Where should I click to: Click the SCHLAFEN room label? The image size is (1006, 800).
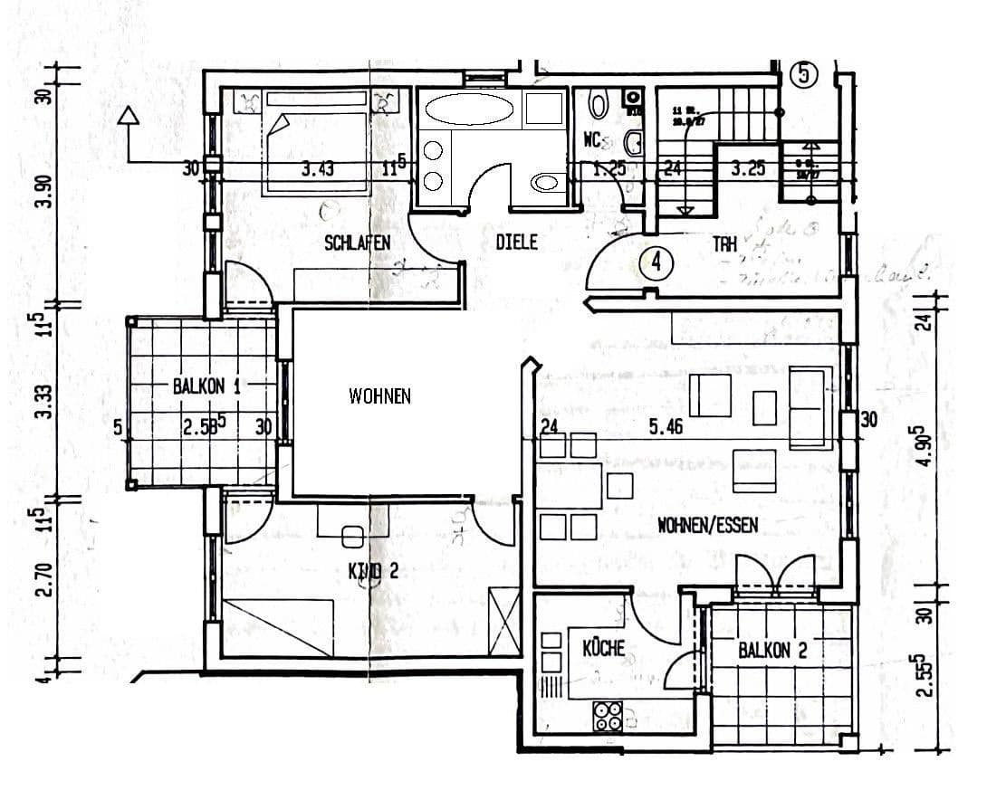click(x=357, y=243)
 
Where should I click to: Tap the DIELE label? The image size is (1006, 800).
click(x=516, y=243)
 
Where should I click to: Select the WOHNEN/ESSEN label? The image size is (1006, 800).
click(x=707, y=525)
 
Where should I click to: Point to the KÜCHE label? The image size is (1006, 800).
click(x=603, y=648)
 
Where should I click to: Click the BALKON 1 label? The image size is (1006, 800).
click(x=206, y=386)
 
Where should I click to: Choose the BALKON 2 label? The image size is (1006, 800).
click(x=772, y=650)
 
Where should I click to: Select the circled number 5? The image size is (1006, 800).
click(x=804, y=74)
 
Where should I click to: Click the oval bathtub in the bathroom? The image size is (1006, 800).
click(x=468, y=110)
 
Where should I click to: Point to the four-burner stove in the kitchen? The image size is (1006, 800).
click(x=608, y=716)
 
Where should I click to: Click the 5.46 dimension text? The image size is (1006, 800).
click(x=666, y=427)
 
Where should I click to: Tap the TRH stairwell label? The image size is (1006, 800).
click(x=724, y=243)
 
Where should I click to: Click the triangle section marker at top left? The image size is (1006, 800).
click(x=129, y=116)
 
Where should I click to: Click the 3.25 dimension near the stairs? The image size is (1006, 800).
click(x=748, y=168)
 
